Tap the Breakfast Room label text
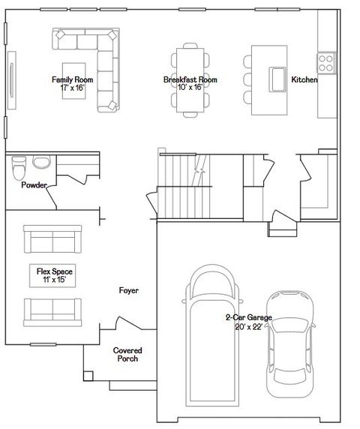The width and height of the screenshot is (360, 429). coord(190,82)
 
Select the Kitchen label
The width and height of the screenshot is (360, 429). coord(304,79)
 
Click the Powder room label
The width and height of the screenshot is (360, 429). coord(34,184)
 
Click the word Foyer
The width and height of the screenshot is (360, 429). coord(129,290)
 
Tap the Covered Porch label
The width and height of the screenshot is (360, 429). coord(127,354)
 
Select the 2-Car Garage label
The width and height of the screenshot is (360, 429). coord(249,322)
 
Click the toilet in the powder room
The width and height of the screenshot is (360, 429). coord(20,167)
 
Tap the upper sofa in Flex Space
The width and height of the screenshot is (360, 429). coord(52,239)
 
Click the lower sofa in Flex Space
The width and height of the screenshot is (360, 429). coord(52,309)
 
